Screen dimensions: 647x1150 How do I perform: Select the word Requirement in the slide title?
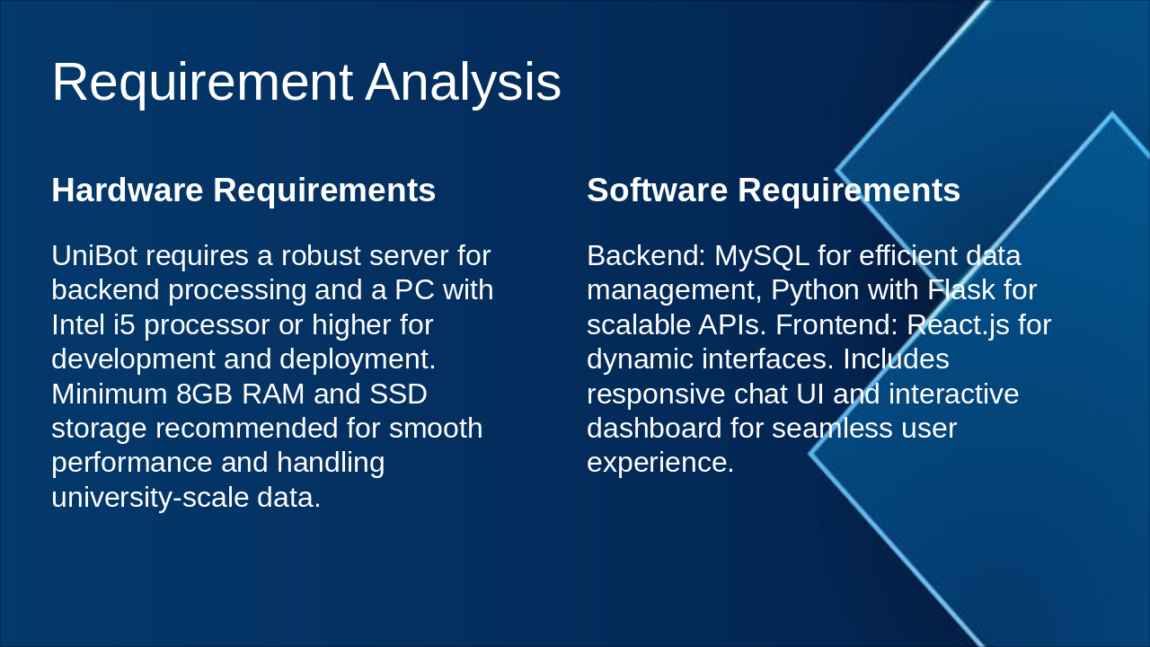coord(202,83)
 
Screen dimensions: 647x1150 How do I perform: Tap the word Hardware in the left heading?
coord(127,191)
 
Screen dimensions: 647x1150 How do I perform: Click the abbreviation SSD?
coord(398,394)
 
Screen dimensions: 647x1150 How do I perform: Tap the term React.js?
coord(958,324)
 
